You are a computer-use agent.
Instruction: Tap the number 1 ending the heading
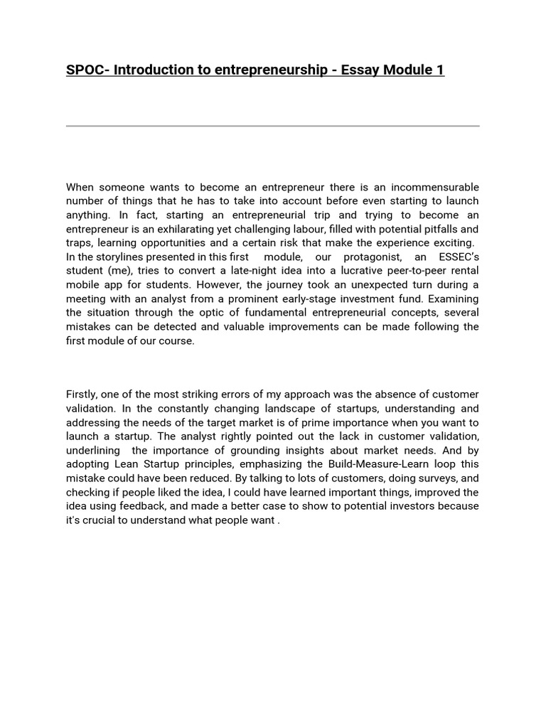click(x=440, y=70)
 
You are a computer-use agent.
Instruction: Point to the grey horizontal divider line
click(x=273, y=126)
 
